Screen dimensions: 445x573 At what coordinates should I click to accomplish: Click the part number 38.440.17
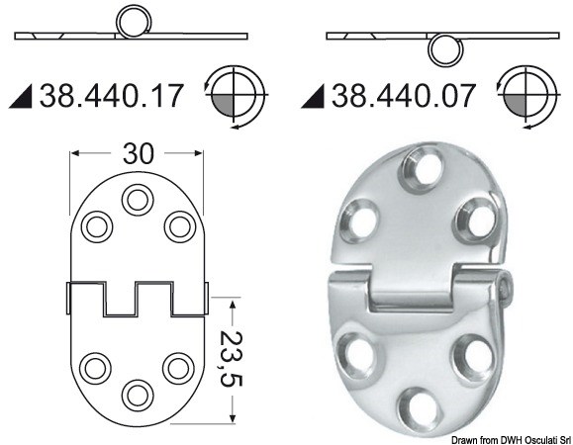point(111,96)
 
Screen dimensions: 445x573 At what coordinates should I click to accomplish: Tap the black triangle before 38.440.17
point(24,97)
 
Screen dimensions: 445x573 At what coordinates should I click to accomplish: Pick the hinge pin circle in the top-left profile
point(130,21)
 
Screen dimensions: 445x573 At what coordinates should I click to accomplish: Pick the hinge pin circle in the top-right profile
point(444,50)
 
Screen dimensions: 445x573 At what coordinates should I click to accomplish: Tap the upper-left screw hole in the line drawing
point(96,226)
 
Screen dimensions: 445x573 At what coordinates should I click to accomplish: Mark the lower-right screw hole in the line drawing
point(177,368)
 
